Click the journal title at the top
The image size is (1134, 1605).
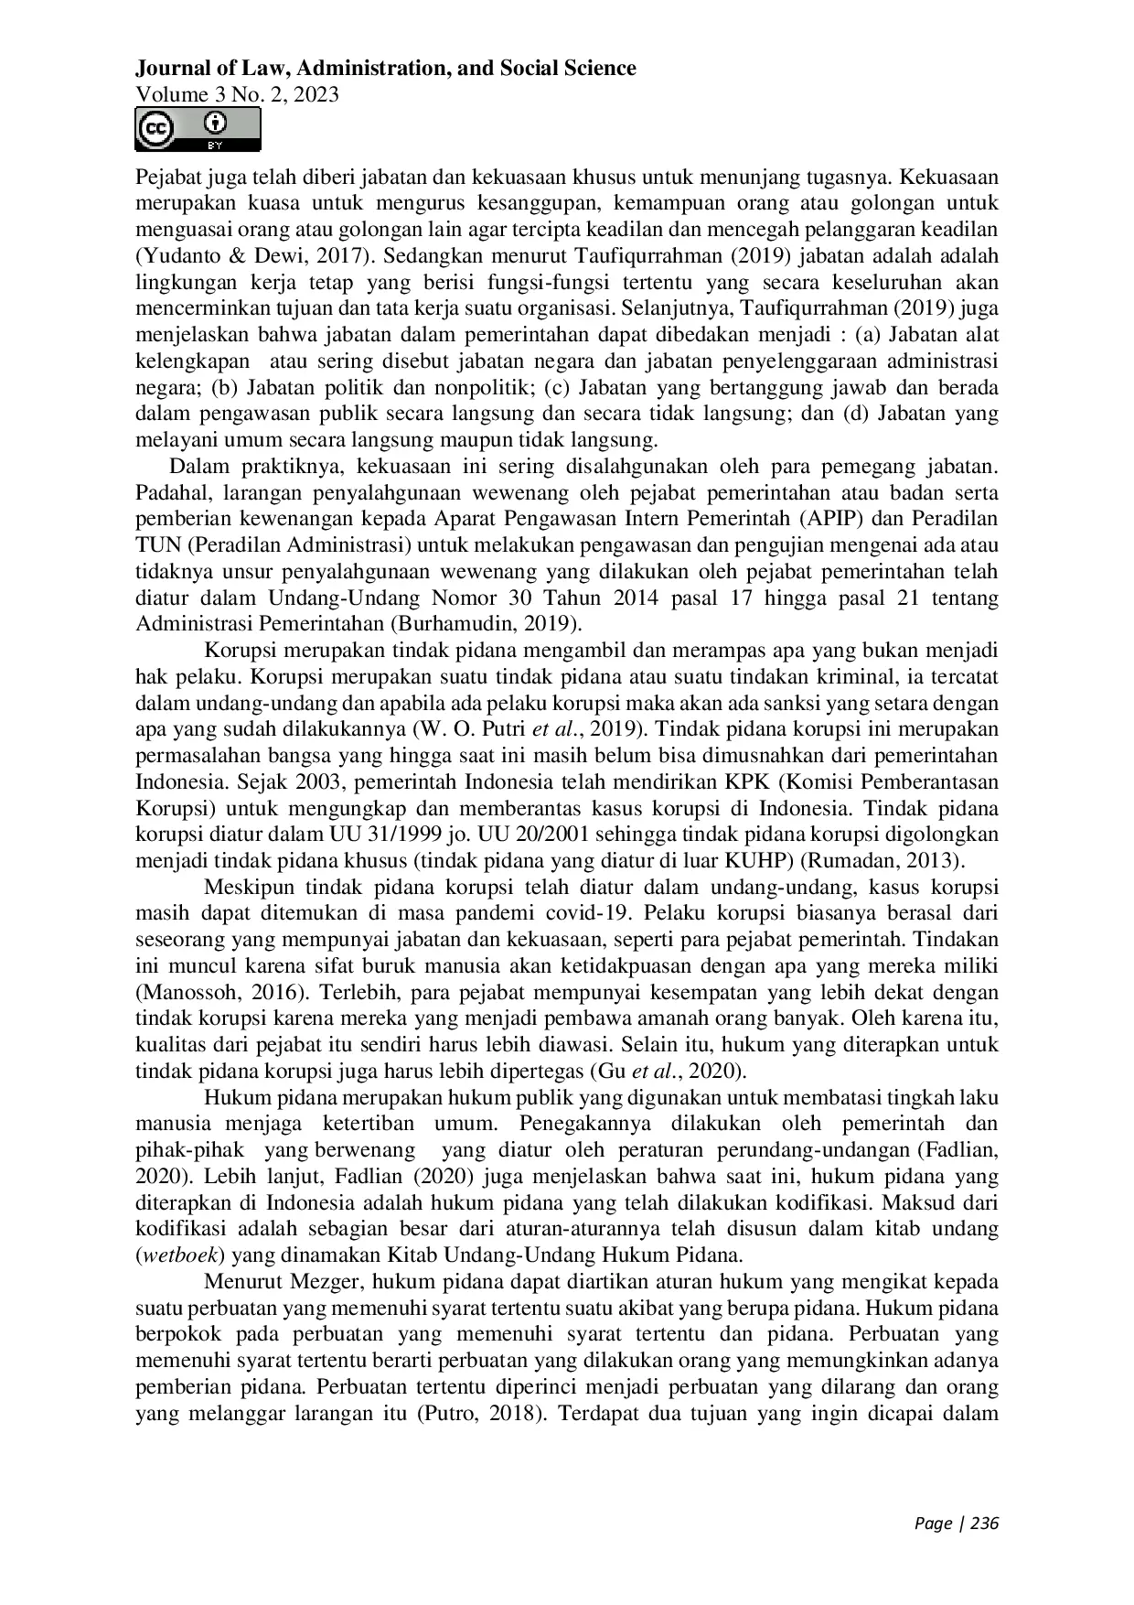tap(385, 69)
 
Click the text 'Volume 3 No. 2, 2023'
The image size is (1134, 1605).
tap(237, 94)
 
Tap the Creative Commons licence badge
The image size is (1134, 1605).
tap(198, 129)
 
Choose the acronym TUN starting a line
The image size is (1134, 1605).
tap(155, 545)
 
